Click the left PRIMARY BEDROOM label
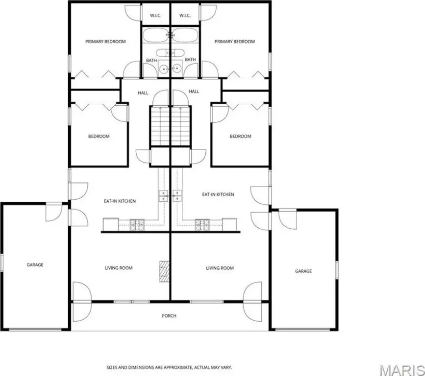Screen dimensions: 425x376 [x=105, y=42]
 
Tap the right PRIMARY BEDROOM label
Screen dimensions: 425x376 [x=235, y=42]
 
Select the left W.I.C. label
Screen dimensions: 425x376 [x=155, y=16]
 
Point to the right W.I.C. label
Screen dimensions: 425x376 [x=185, y=16]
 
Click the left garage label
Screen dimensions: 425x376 [x=35, y=265]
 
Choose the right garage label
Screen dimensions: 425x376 [x=303, y=271]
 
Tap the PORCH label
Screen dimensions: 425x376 [x=169, y=316]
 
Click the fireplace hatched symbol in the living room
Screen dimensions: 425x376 [x=164, y=272]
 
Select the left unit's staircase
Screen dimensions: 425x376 [x=160, y=126]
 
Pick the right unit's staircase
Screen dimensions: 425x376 [x=180, y=126]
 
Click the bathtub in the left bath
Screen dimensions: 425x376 [x=155, y=35]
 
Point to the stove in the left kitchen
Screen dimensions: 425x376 [x=137, y=225]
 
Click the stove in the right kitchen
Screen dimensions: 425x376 [x=202, y=225]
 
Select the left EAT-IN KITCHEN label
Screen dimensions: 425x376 [x=120, y=201]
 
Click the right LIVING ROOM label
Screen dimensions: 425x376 [x=220, y=268]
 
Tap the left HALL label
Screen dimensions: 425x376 [x=143, y=93]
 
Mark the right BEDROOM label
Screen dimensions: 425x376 [x=240, y=136]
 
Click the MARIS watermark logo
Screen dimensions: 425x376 [x=402, y=370]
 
